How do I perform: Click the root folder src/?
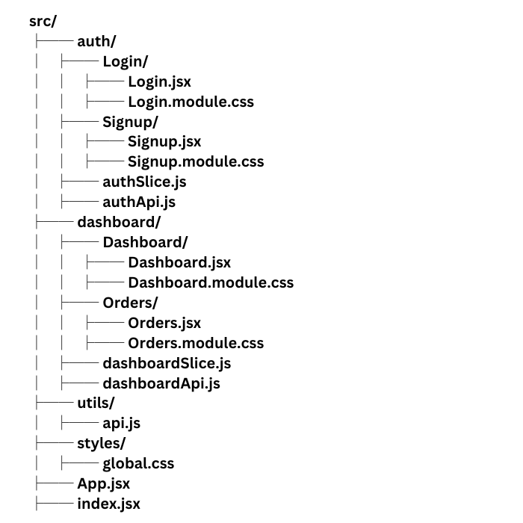[x=43, y=21]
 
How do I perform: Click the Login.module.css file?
[x=191, y=102]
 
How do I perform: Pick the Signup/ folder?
[x=131, y=122]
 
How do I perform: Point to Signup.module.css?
[x=196, y=161]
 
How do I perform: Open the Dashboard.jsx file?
[x=179, y=262]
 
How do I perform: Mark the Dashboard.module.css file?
[x=211, y=282]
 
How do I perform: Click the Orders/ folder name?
[x=130, y=303]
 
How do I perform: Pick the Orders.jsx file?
[x=164, y=323]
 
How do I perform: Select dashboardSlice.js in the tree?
[x=167, y=363]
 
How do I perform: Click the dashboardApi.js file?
[x=161, y=383]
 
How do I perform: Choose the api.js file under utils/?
[x=122, y=424]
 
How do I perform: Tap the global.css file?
[x=138, y=463]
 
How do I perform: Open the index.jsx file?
[x=108, y=504]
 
